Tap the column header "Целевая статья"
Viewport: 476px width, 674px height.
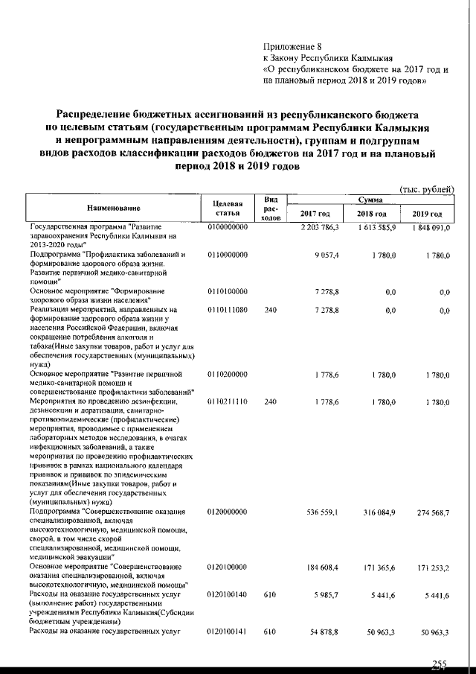coord(228,209)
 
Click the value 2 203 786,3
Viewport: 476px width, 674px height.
coord(318,227)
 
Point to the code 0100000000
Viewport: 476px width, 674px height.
coord(228,227)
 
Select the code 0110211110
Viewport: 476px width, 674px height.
coord(228,402)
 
